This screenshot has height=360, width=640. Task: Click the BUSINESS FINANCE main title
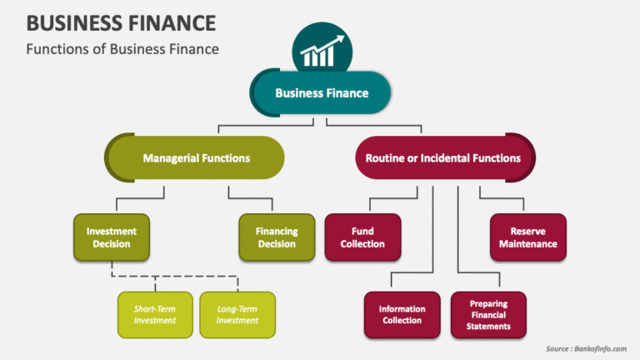[121, 22]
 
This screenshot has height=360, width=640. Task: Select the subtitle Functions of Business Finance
[122, 48]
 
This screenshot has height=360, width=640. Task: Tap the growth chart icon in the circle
[321, 52]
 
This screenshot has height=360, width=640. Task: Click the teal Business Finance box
[322, 92]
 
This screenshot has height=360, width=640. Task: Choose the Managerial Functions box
[196, 157]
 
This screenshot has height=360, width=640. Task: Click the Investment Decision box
[111, 237]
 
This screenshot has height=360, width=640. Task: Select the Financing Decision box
[277, 237]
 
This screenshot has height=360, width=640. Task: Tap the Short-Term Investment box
[155, 314]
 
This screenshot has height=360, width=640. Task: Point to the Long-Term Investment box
[237, 314]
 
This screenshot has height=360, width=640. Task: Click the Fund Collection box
[362, 237]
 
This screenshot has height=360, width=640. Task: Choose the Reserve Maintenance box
[527, 237]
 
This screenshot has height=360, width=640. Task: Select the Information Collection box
[402, 314]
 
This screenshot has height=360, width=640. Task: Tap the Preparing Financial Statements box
[489, 314]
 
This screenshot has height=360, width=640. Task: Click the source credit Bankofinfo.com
[585, 348]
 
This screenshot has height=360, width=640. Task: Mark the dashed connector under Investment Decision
[175, 277]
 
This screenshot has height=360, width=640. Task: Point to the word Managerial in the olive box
[169, 157]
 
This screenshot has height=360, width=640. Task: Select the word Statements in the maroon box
[489, 326]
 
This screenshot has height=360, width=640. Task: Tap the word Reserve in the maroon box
[527, 231]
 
